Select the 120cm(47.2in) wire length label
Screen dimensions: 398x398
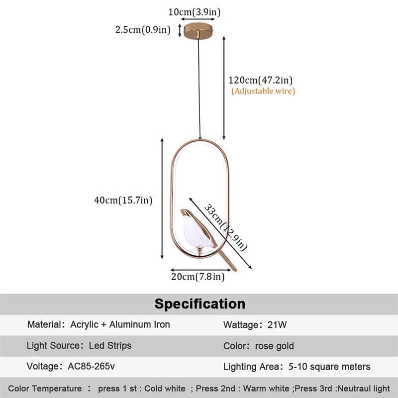tap(260, 80)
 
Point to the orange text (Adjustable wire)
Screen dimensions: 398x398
tap(263, 91)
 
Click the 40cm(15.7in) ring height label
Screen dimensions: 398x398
tap(123, 200)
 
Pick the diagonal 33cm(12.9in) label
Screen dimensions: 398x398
tap(226, 226)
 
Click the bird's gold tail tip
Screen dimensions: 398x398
tap(232, 267)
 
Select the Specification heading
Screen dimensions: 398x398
tap(199, 304)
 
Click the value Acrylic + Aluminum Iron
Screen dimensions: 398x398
tap(120, 325)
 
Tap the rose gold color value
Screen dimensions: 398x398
tap(274, 346)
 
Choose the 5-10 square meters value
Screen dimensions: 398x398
tap(329, 367)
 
